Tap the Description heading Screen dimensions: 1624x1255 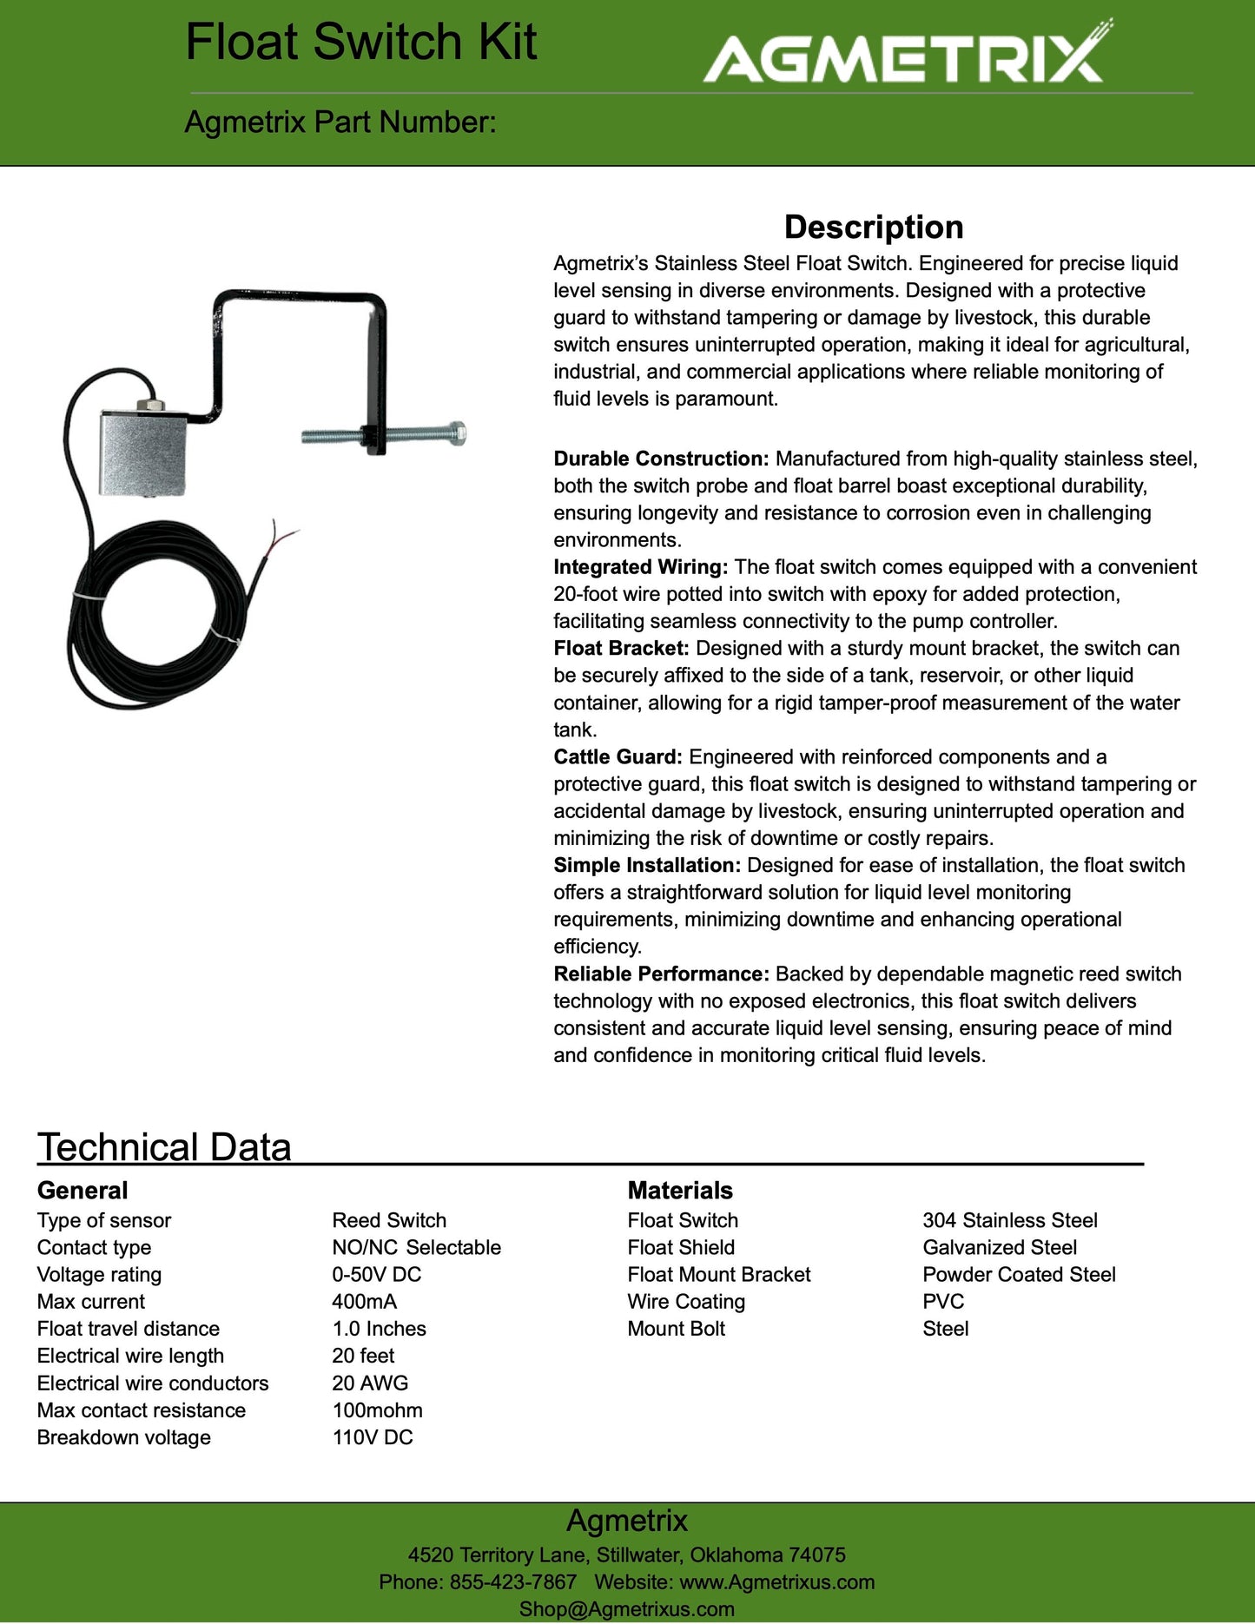(874, 227)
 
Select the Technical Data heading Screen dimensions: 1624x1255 (164, 1147)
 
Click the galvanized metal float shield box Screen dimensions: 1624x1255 (142, 452)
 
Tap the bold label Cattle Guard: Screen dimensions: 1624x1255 (618, 757)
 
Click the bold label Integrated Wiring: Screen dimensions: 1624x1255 (641, 567)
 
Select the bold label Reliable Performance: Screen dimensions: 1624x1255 (662, 974)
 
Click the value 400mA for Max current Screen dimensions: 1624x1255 (365, 1302)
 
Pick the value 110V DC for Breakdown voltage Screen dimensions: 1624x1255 (373, 1437)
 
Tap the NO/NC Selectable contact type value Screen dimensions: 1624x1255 (417, 1248)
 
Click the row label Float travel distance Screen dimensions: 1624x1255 (129, 1329)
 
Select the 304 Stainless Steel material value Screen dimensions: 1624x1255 (1010, 1220)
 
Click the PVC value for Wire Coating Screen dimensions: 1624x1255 (943, 1302)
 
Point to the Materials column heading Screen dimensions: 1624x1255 (680, 1191)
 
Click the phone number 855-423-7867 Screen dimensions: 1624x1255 (512, 1582)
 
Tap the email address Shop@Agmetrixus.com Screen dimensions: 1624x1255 (627, 1609)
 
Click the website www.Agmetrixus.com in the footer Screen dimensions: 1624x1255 (777, 1582)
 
